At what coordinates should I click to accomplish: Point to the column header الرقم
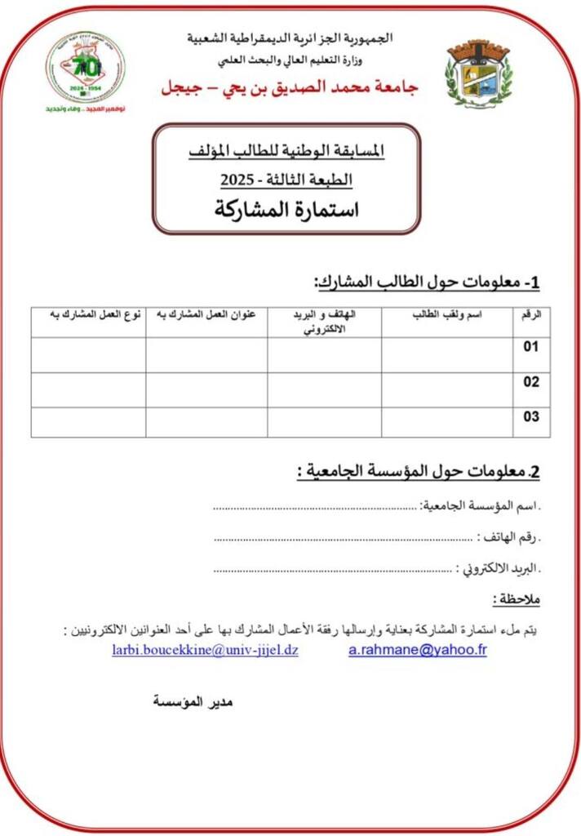coord(531,315)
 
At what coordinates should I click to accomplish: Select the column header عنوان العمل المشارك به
coord(206,315)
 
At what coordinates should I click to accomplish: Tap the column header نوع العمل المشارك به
coord(89,315)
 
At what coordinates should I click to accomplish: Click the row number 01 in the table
coord(531,347)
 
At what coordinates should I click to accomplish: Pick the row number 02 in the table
coord(531,382)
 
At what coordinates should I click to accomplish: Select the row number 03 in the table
coord(531,417)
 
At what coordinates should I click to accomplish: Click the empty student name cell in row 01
coord(446,354)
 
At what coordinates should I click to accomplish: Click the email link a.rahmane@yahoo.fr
coord(417,651)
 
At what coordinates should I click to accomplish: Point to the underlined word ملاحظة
coord(517,600)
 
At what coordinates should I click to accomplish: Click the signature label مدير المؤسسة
coord(193,701)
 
